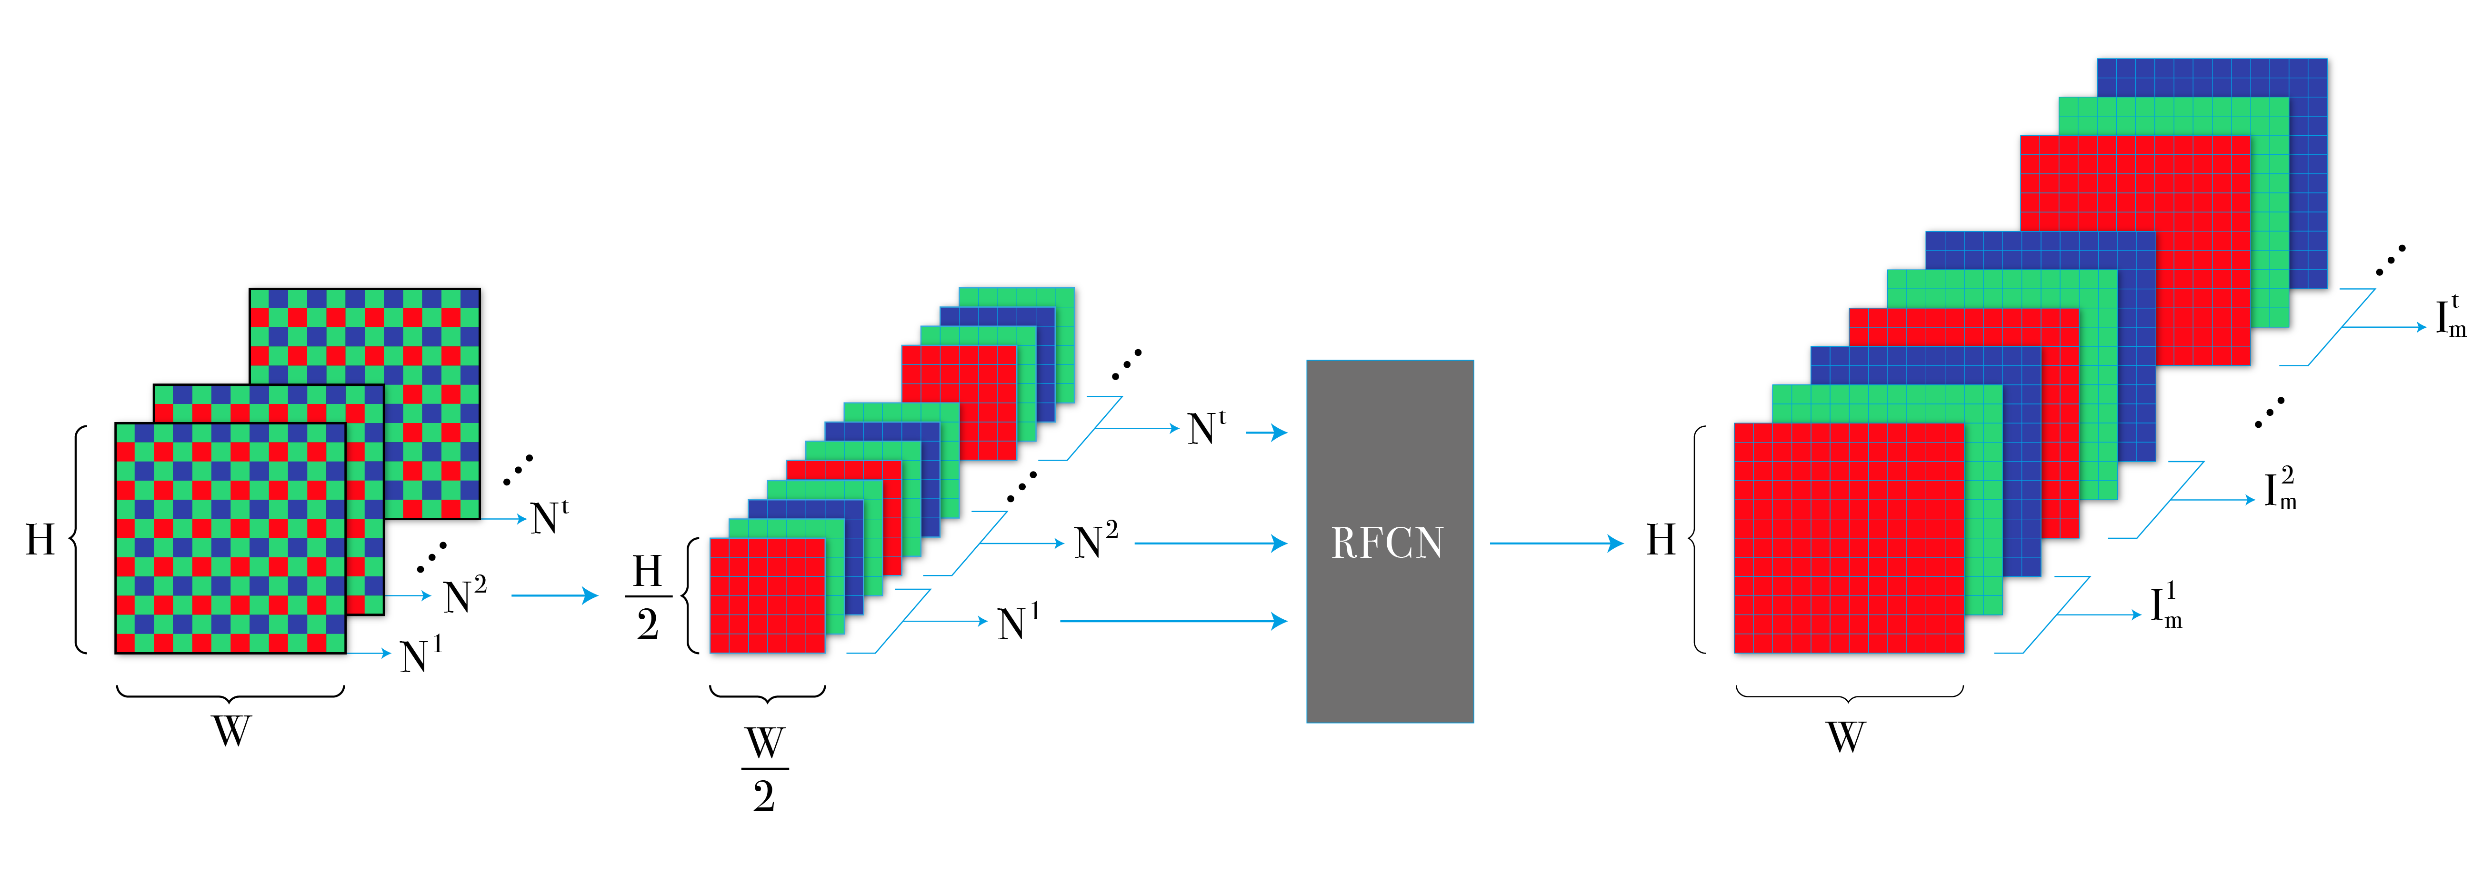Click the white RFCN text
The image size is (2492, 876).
click(1387, 543)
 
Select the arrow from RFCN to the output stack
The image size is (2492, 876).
click(1556, 543)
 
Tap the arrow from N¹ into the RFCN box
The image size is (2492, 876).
click(1172, 621)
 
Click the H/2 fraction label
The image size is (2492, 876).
click(647, 597)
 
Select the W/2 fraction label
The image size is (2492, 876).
click(764, 769)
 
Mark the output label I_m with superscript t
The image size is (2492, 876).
click(2450, 316)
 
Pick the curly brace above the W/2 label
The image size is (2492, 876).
click(767, 693)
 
